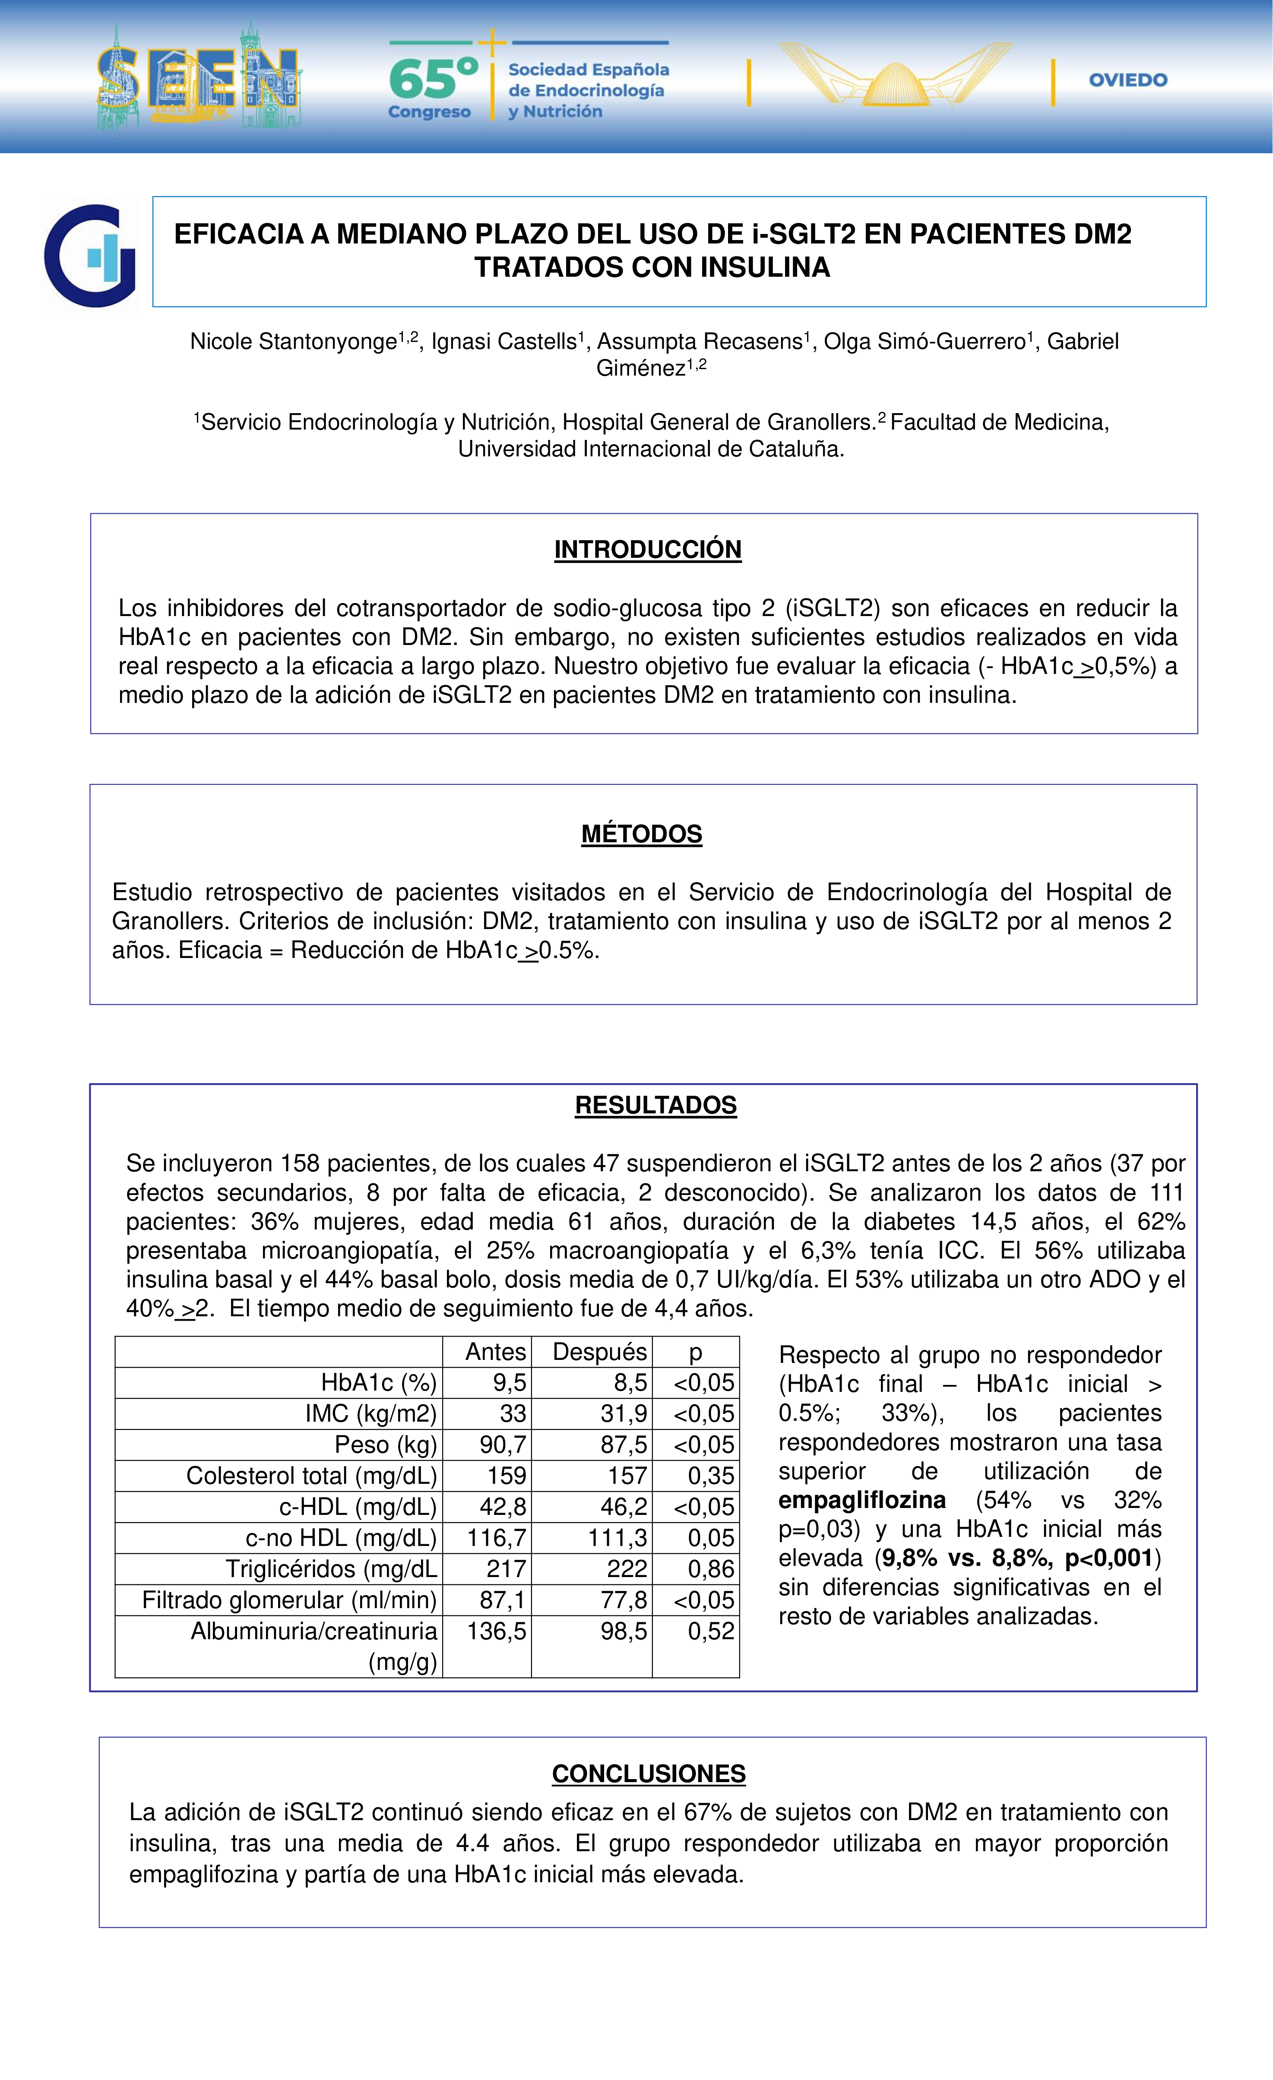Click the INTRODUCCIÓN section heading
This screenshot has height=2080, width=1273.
point(647,550)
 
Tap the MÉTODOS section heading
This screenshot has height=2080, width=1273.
point(642,834)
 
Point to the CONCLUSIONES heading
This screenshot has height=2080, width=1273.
point(648,1773)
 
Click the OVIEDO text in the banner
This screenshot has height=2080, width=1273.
point(1128,80)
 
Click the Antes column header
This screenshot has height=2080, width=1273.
point(496,1352)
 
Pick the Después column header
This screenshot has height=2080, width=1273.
point(599,1352)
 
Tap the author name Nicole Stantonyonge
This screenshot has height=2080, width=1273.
point(293,342)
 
